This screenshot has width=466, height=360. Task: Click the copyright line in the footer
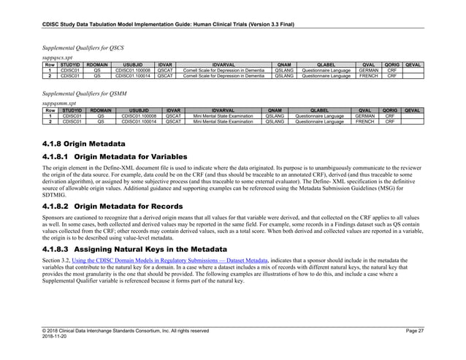click(x=125, y=331)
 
